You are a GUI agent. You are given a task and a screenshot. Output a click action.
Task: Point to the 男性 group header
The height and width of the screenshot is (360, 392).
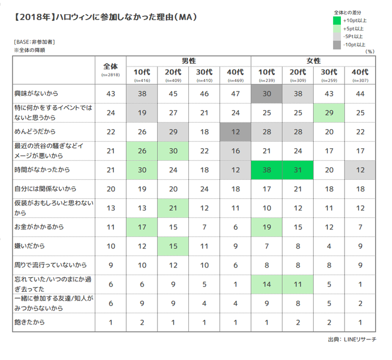(188, 60)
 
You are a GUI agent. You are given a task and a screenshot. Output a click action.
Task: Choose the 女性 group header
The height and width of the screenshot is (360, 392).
(313, 60)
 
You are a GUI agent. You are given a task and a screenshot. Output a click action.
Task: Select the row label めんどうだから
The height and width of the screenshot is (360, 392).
(33, 131)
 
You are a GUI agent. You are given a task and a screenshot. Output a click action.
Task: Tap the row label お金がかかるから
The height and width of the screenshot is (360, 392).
(36, 226)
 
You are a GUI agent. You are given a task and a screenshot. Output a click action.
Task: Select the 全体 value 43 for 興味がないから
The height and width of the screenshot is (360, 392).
(111, 94)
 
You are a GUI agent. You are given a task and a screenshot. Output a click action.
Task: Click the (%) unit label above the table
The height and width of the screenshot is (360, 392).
(370, 51)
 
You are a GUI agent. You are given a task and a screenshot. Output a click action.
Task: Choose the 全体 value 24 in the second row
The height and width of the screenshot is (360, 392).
(111, 112)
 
